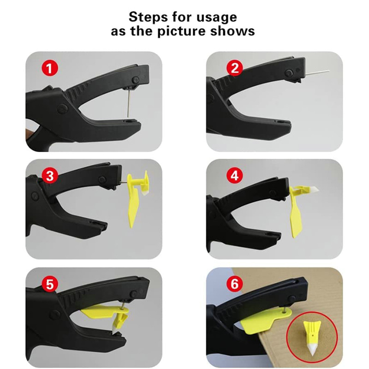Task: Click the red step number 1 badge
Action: click(x=50, y=68)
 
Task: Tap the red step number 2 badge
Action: click(x=234, y=68)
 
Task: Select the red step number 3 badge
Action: click(x=50, y=176)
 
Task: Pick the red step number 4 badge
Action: click(x=234, y=175)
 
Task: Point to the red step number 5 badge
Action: click(x=50, y=284)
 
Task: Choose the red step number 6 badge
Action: click(x=234, y=284)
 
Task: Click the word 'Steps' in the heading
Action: click(x=148, y=18)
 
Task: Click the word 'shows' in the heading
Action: click(x=232, y=31)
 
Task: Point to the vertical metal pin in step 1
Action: click(x=129, y=103)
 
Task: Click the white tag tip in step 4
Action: click(x=313, y=189)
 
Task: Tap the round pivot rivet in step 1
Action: click(x=63, y=108)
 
